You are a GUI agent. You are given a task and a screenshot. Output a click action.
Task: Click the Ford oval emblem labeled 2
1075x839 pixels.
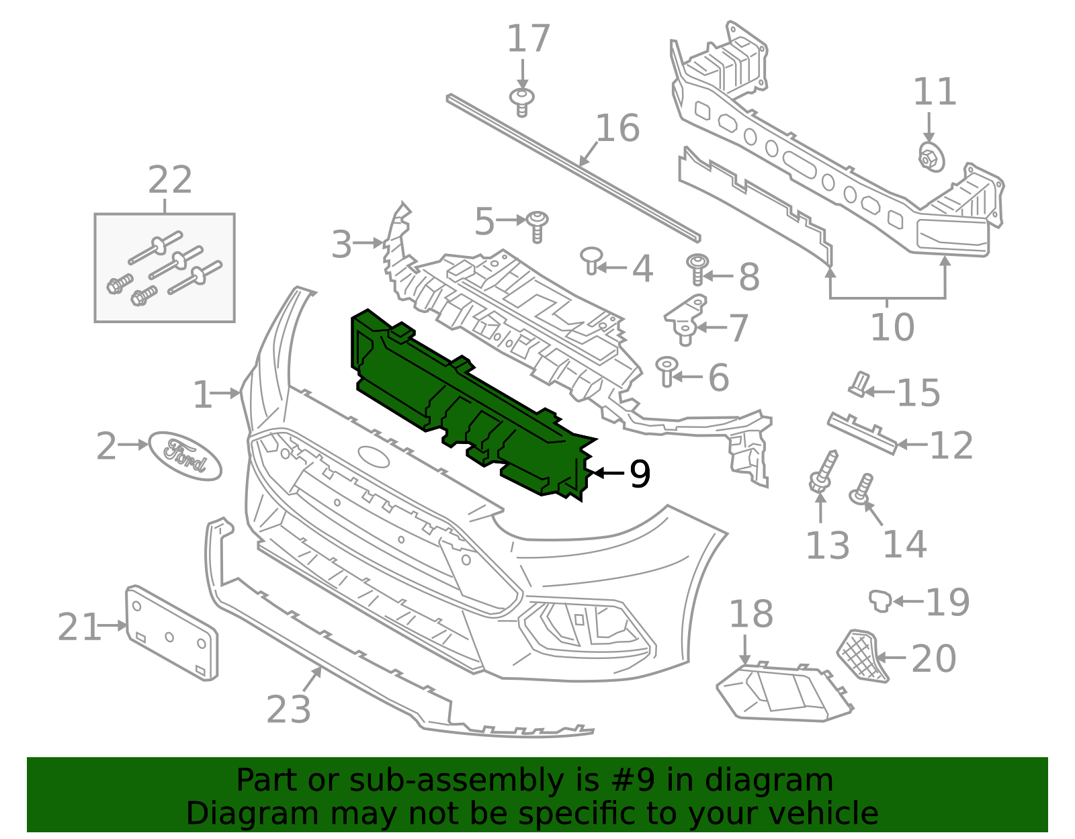(185, 455)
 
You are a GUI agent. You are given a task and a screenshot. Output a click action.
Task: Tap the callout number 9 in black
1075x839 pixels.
(640, 474)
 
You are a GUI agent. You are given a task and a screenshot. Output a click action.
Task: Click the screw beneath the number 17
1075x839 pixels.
(522, 102)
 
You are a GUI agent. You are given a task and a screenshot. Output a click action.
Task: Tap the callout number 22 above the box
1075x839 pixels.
(170, 180)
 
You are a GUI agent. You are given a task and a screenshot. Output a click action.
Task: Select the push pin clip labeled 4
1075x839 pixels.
(591, 259)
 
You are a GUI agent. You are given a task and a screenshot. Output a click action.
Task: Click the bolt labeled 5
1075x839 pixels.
(537, 226)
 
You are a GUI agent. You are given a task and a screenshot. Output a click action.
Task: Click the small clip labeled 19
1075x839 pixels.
(879, 600)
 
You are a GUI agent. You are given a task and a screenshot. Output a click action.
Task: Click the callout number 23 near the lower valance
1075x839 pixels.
(288, 709)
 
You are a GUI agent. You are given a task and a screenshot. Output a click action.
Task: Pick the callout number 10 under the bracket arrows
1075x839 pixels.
(892, 327)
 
